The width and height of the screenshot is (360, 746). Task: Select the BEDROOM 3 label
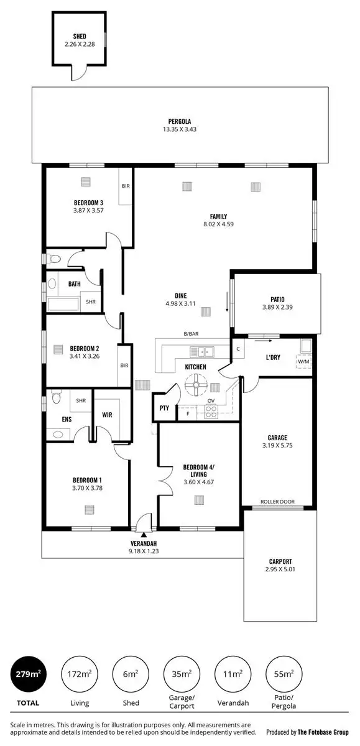[x=88, y=203]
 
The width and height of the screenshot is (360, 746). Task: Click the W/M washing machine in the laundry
[x=303, y=361]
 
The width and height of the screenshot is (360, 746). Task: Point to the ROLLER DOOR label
[x=277, y=502]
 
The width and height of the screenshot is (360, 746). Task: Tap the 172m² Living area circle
[x=78, y=673]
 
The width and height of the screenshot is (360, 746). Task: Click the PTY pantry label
[x=164, y=408]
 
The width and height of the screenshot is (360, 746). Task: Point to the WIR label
[x=106, y=413]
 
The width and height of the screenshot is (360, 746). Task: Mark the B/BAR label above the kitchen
[x=191, y=334]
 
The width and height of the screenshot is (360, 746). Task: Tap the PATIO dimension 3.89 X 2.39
[x=273, y=307]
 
